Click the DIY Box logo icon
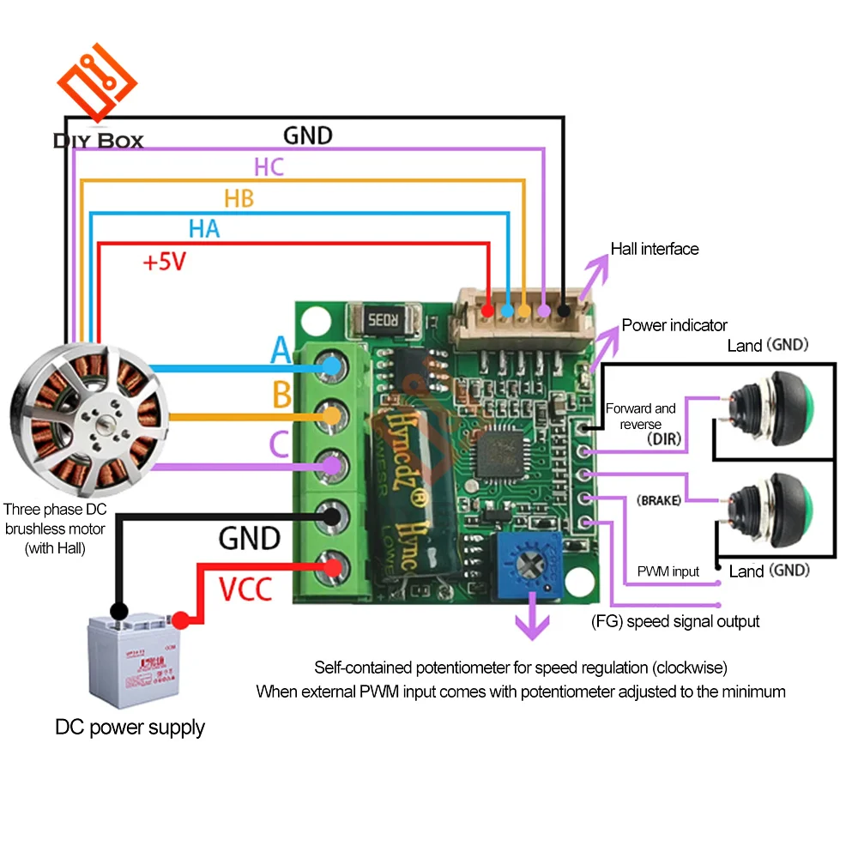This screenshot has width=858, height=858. [x=96, y=83]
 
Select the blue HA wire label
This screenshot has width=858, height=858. [x=204, y=228]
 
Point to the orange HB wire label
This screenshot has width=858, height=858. [x=239, y=198]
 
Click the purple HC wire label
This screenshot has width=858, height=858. [x=269, y=166]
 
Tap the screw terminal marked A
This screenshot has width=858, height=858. [x=330, y=366]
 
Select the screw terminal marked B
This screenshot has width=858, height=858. [x=330, y=416]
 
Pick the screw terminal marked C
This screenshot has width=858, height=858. [x=330, y=466]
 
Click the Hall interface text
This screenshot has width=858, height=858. [x=654, y=249]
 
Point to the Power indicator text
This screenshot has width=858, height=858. [x=674, y=325]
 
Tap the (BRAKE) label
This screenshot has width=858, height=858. [x=659, y=500]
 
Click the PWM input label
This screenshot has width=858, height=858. [x=668, y=571]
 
